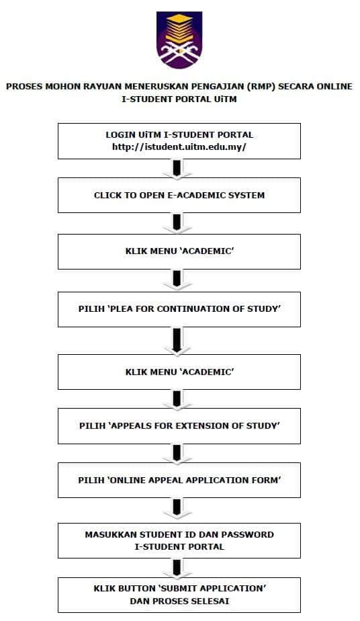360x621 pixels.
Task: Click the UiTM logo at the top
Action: coord(179,40)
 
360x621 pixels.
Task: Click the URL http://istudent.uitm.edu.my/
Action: coord(179,147)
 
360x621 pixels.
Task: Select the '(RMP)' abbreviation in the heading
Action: coord(261,86)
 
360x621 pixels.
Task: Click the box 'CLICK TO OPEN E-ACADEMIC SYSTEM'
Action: coord(179,196)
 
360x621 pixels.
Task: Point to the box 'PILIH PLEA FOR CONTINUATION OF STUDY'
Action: coord(179,309)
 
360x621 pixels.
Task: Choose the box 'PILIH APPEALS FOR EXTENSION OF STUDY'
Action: coord(179,426)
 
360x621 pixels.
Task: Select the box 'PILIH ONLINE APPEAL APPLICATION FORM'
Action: coord(179,480)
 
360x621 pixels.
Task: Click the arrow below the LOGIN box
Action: coord(177,169)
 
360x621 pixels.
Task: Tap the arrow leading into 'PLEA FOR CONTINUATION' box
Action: coord(177,281)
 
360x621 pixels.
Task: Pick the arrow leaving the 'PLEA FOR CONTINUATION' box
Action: coord(177,341)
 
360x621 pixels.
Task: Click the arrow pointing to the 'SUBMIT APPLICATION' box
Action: coord(177,568)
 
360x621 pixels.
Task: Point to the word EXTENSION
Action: coord(205,426)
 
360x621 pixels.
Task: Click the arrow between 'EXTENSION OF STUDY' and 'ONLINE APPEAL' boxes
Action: coord(177,454)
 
